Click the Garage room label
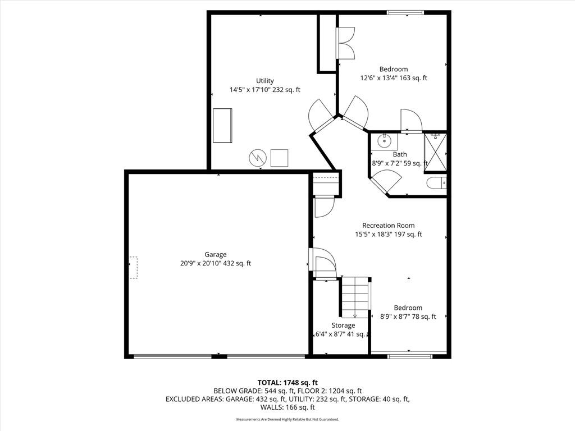pos(216,254)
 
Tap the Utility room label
pos(265,81)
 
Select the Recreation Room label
pos(389,226)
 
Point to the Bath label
pos(400,154)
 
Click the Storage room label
pos(343,325)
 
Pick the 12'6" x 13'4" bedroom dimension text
pos(394,77)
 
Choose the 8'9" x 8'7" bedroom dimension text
pos(408,317)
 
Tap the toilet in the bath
pos(437,182)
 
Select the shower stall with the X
pos(435,152)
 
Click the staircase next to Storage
pos(355,297)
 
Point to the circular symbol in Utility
pos(257,158)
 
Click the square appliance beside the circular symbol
pos(280,158)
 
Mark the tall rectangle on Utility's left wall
pos(222,125)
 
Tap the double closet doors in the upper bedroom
pos(346,43)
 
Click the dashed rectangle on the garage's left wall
pos(133,268)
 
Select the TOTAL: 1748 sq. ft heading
pos(287,383)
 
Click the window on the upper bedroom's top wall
pos(405,13)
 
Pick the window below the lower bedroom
pos(410,356)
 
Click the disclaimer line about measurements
pos(287,419)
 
